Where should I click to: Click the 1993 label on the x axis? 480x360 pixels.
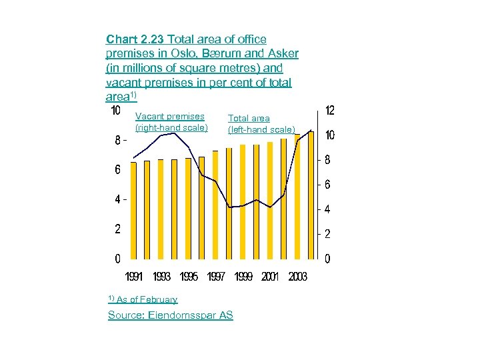click(x=161, y=277)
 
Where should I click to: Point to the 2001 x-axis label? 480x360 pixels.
click(x=270, y=277)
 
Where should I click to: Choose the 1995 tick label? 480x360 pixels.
click(x=189, y=277)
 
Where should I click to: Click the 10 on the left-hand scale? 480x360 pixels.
click(x=115, y=110)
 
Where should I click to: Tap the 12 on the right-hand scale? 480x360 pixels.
click(x=329, y=110)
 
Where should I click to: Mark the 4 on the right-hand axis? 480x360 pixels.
click(x=327, y=210)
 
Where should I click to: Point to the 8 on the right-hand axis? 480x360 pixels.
click(x=327, y=160)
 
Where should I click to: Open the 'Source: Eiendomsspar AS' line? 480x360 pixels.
click(x=171, y=315)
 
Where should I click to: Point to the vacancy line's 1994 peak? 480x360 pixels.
click(x=175, y=133)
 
